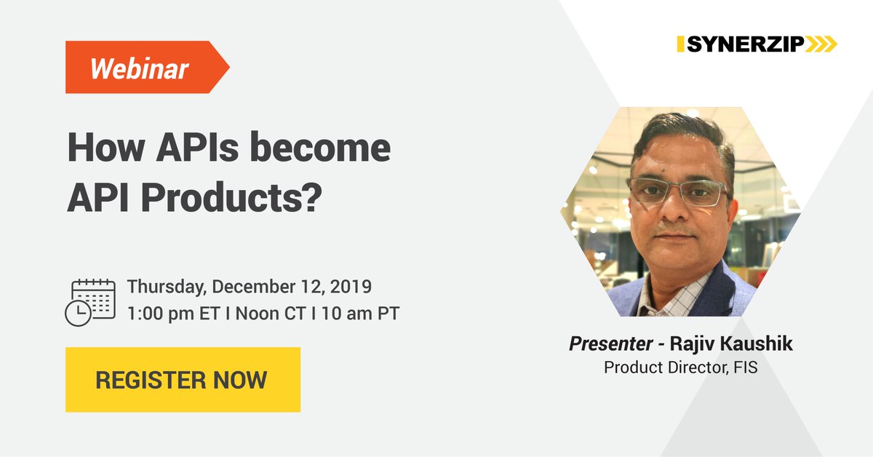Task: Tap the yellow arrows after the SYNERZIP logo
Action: click(821, 44)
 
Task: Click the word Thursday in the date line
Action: click(165, 286)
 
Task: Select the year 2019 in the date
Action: click(352, 286)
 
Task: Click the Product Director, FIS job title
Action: click(680, 367)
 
